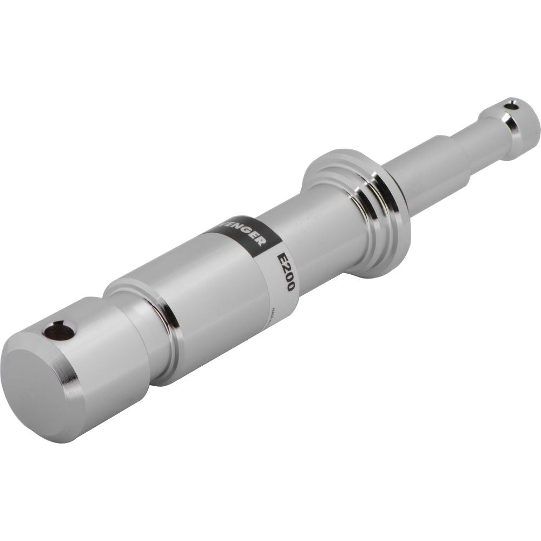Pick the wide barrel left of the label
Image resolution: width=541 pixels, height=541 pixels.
coord(216,303)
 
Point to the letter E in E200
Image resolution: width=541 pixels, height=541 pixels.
coord(281,259)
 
